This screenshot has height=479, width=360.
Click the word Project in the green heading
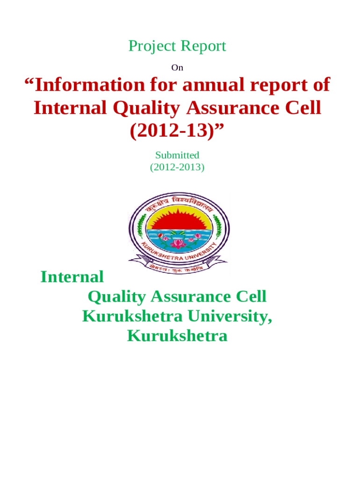[x=152, y=47]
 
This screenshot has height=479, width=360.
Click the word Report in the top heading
[x=203, y=46]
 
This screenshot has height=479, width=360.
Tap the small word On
[x=177, y=67]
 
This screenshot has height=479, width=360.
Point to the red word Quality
[x=146, y=109]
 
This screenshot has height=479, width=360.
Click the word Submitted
[x=177, y=155]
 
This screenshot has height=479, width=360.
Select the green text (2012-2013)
[x=177, y=167]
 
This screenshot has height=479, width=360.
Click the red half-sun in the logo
[x=179, y=219]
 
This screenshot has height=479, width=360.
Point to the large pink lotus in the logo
[x=178, y=244]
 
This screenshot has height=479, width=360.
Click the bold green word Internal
[x=72, y=277]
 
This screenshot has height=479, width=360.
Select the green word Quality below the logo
[x=117, y=297]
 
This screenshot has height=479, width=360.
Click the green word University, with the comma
[x=230, y=317]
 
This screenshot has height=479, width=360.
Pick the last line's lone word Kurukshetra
[x=177, y=336]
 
